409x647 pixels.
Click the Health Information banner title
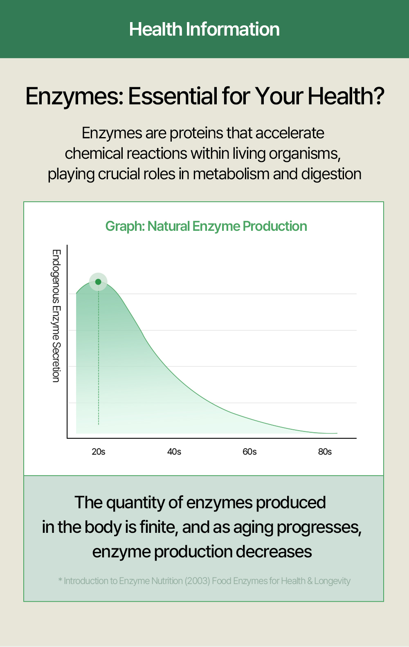pos(204,29)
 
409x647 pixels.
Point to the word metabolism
pos(231,174)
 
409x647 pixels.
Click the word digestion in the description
pos(331,174)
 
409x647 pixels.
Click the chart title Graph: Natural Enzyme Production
pos(206,226)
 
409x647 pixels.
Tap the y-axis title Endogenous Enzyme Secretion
pos(56,316)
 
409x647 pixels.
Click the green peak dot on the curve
pos(98,282)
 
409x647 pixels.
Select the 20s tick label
pos(99,452)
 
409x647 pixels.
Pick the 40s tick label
pos(174,452)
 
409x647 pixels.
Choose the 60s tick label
pos(249,452)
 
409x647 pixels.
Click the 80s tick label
pos(325,452)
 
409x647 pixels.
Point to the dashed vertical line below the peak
pos(99,355)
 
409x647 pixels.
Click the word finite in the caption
pos(158,527)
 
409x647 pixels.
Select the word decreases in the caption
pos(274,552)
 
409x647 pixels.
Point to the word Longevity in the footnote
pos(332,581)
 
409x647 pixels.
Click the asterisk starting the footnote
pos(60,580)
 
